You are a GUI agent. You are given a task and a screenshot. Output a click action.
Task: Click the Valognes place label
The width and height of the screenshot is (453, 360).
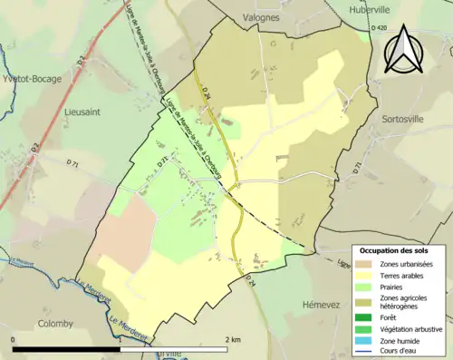click(x=263, y=16)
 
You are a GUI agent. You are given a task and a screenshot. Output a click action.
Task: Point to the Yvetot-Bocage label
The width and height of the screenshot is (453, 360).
click(x=31, y=78)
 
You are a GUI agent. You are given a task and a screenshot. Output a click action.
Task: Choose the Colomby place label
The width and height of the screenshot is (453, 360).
click(x=56, y=323)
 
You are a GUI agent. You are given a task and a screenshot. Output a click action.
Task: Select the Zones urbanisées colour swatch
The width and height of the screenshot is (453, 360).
click(x=366, y=263)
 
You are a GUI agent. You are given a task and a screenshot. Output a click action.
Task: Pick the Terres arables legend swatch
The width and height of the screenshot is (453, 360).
click(x=366, y=275)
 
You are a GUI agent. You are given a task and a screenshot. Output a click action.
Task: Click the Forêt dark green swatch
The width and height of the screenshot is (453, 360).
click(x=366, y=316)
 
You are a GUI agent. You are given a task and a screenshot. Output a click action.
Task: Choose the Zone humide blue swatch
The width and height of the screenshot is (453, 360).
click(x=366, y=340)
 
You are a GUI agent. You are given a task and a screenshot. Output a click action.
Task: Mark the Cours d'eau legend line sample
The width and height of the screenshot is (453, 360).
click(x=366, y=352)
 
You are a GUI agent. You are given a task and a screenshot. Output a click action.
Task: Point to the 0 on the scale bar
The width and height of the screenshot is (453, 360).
click(x=14, y=339)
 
